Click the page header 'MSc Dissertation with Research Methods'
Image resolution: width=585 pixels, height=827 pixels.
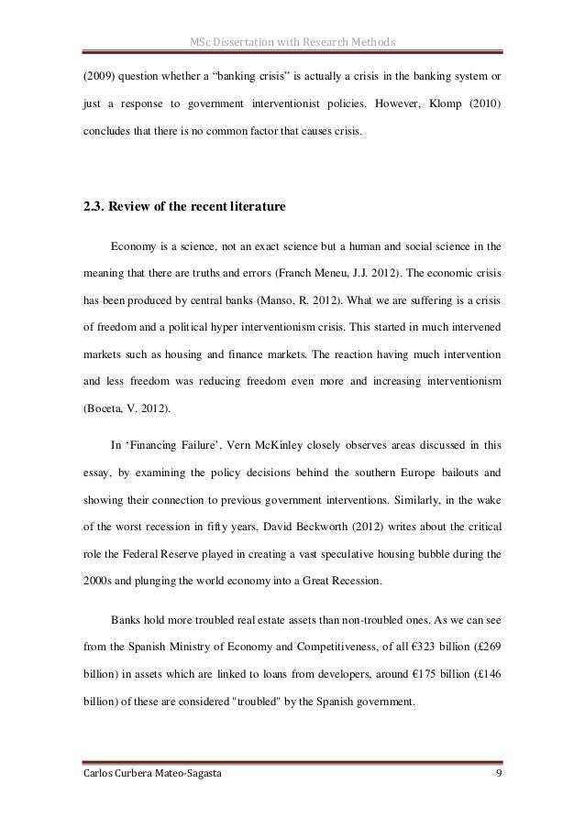pyautogui.click(x=292, y=40)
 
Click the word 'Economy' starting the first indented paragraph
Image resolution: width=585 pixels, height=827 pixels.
pyautogui.click(x=135, y=245)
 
